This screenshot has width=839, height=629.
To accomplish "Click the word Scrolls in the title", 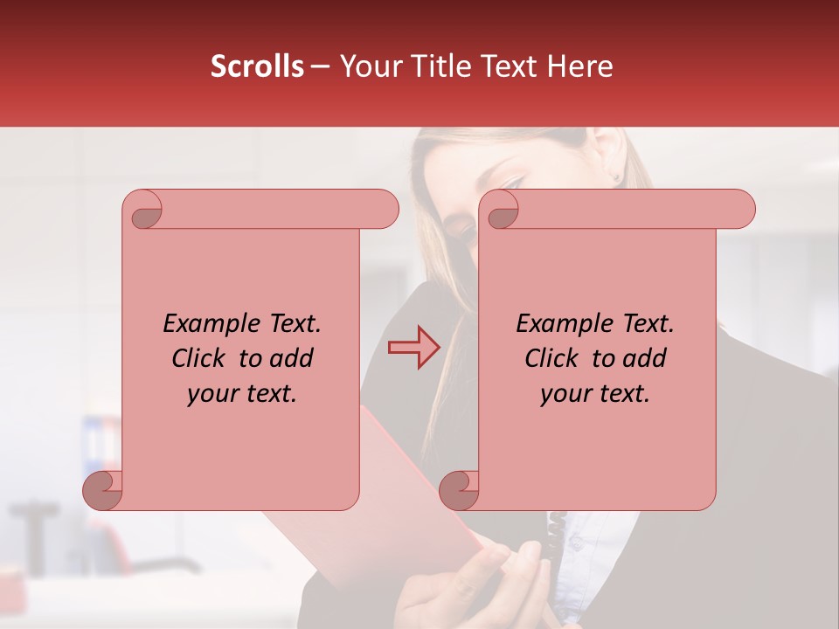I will point(257,66).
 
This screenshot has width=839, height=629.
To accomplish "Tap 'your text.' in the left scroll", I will point(242,394).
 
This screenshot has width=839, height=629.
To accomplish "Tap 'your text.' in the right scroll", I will point(595,394).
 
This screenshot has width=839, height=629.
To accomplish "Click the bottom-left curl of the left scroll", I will point(103,489).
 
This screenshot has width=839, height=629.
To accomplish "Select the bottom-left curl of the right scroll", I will point(459,489).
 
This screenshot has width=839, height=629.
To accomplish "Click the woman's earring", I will point(617,177).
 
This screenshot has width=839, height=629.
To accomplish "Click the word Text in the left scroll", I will point(294,324).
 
